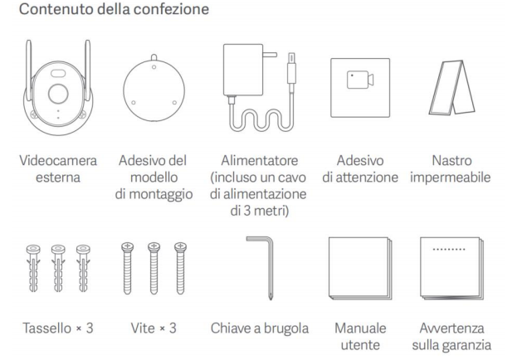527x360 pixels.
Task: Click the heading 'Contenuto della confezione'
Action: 114,9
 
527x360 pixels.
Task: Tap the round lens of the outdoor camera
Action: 58,94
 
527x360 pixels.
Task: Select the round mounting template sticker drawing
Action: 154,90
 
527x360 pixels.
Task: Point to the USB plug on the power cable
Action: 291,68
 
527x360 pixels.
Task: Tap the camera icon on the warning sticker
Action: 360,80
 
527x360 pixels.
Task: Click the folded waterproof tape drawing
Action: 452,87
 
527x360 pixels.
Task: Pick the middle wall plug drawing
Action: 58,268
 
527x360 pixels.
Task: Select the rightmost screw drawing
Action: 180,268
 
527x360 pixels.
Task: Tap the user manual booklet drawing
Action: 360,268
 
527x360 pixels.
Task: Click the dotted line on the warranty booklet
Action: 449,249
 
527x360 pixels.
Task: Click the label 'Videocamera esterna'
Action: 58,169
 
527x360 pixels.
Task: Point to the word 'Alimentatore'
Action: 260,161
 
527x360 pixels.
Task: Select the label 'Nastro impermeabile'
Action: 451,169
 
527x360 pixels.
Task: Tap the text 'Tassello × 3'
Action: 58,328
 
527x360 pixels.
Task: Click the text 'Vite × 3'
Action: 154,328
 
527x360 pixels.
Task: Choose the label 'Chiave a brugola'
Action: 260,328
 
